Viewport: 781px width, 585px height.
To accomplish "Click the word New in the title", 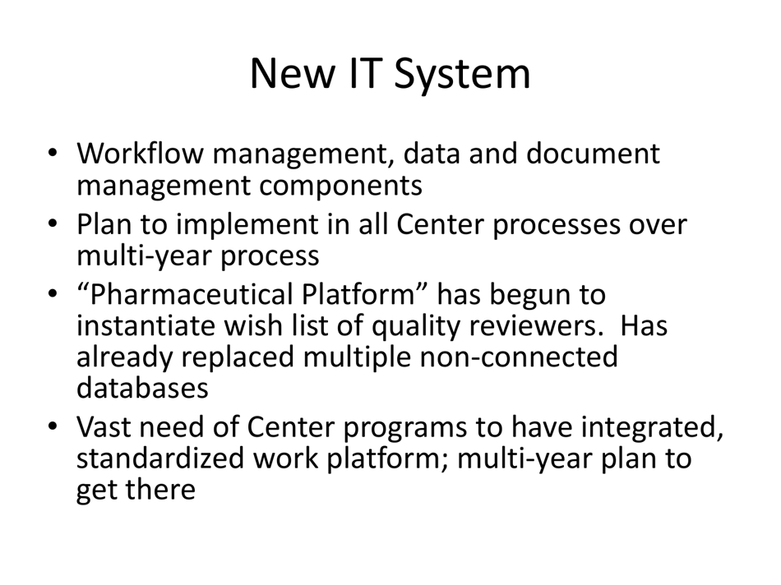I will coord(289,74).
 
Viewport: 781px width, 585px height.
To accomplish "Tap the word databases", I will coord(142,388).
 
